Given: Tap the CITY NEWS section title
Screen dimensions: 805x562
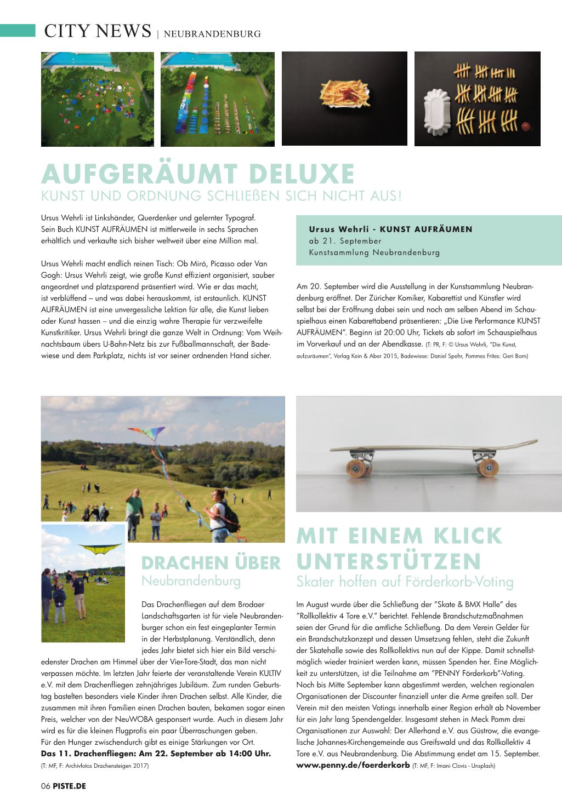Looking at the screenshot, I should (98, 31).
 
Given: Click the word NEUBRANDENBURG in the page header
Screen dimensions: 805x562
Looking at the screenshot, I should (212, 33).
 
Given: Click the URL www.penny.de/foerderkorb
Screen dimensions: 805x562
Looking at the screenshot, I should (353, 765).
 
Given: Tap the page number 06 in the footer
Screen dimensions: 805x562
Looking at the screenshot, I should (46, 786).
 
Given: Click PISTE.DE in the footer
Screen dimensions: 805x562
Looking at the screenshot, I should (70, 786).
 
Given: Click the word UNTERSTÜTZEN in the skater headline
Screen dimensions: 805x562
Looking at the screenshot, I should (389, 561).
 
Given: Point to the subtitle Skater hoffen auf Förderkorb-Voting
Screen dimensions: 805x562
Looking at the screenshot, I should (405, 582).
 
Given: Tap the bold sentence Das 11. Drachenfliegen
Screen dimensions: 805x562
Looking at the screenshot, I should (156, 754).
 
